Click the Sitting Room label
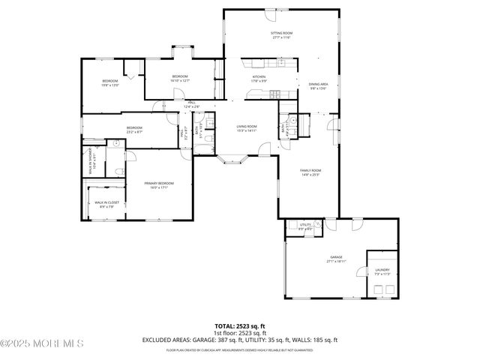tap(281, 35)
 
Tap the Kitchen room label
tap(259, 78)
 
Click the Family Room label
tap(310, 172)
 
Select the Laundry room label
tap(382, 271)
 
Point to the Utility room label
tap(305, 226)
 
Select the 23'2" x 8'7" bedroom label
tap(135, 130)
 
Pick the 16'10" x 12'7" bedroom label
tap(180, 78)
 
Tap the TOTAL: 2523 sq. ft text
tap(239, 326)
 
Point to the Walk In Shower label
tap(91, 161)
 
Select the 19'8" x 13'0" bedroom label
tap(110, 82)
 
